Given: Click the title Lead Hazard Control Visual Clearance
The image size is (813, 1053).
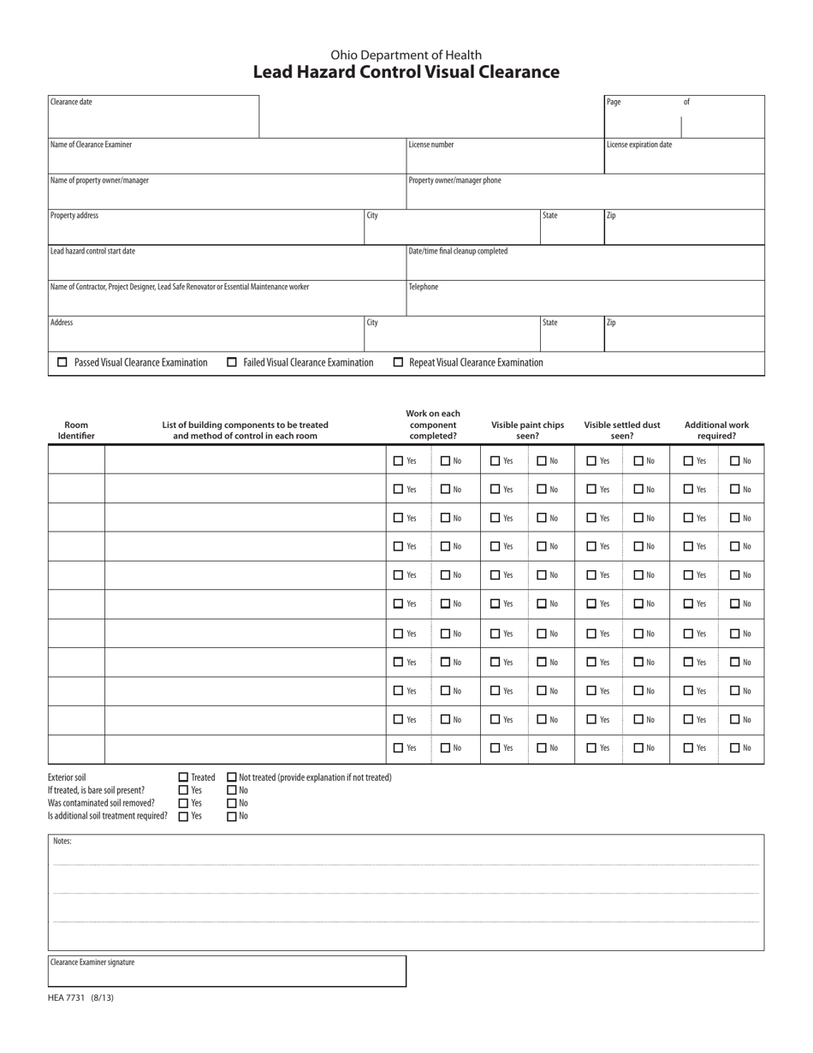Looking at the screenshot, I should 406,72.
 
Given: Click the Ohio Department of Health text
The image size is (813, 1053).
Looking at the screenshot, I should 406,55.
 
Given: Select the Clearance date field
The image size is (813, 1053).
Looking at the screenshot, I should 153,120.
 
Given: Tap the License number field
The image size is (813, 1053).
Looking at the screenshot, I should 505,159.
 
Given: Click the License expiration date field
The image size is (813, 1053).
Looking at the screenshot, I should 684,159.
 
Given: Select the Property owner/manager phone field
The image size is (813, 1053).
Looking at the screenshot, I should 585,195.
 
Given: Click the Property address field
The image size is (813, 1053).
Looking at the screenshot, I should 205,230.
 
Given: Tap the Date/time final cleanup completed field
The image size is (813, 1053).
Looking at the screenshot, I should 585,266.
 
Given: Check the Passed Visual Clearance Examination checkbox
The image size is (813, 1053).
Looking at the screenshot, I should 62,362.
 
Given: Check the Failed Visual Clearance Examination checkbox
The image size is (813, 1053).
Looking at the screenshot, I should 232,362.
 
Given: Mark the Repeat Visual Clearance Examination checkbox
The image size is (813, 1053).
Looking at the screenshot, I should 398,362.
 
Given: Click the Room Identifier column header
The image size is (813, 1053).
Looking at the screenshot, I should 76,430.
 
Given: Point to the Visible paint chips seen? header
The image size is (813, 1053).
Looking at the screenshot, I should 527,430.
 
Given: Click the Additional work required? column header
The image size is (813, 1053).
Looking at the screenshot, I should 716,430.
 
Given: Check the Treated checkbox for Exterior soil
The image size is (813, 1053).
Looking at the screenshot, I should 183,777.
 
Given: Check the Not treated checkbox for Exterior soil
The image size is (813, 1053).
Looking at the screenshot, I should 232,777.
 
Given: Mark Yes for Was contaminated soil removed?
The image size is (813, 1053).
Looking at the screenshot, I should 183,803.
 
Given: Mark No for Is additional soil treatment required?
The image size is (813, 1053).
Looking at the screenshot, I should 232,817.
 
